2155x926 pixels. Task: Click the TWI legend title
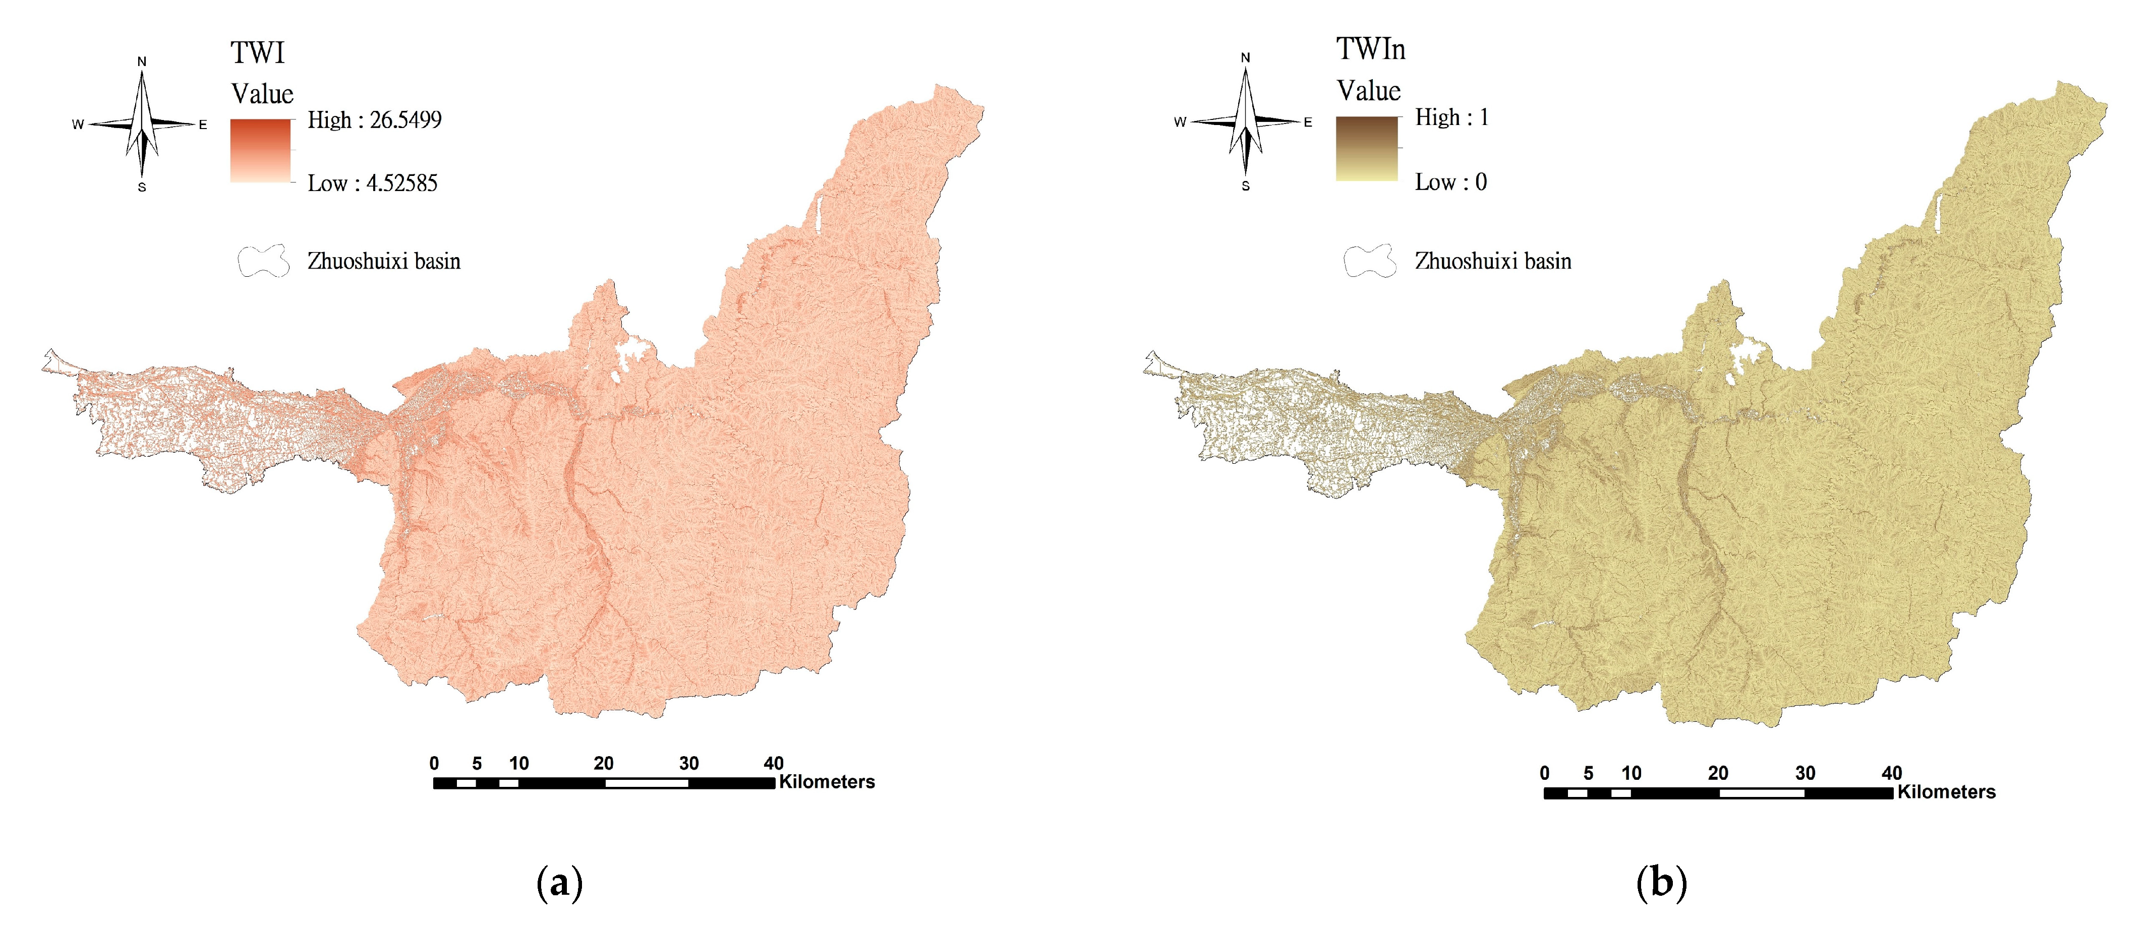click(258, 53)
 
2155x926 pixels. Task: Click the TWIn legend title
click(1370, 50)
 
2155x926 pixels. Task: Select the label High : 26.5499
click(374, 120)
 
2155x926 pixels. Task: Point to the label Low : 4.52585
click(372, 183)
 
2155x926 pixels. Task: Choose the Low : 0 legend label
click(1450, 182)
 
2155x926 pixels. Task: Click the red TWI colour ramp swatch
click(261, 151)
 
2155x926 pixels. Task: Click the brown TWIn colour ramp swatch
click(1367, 149)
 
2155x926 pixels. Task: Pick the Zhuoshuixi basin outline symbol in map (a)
click(264, 261)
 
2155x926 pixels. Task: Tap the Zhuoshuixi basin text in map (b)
click(1492, 261)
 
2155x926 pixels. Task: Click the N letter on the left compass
click(142, 61)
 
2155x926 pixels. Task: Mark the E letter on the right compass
click(1308, 122)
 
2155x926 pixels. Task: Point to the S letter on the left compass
click(142, 188)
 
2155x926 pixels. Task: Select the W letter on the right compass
click(1181, 122)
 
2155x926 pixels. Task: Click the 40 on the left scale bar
click(773, 763)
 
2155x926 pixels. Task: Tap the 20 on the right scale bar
click(1717, 773)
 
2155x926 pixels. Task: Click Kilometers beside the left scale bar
click(827, 782)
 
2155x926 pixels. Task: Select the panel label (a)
click(558, 883)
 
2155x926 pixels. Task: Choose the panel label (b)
click(1661, 883)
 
